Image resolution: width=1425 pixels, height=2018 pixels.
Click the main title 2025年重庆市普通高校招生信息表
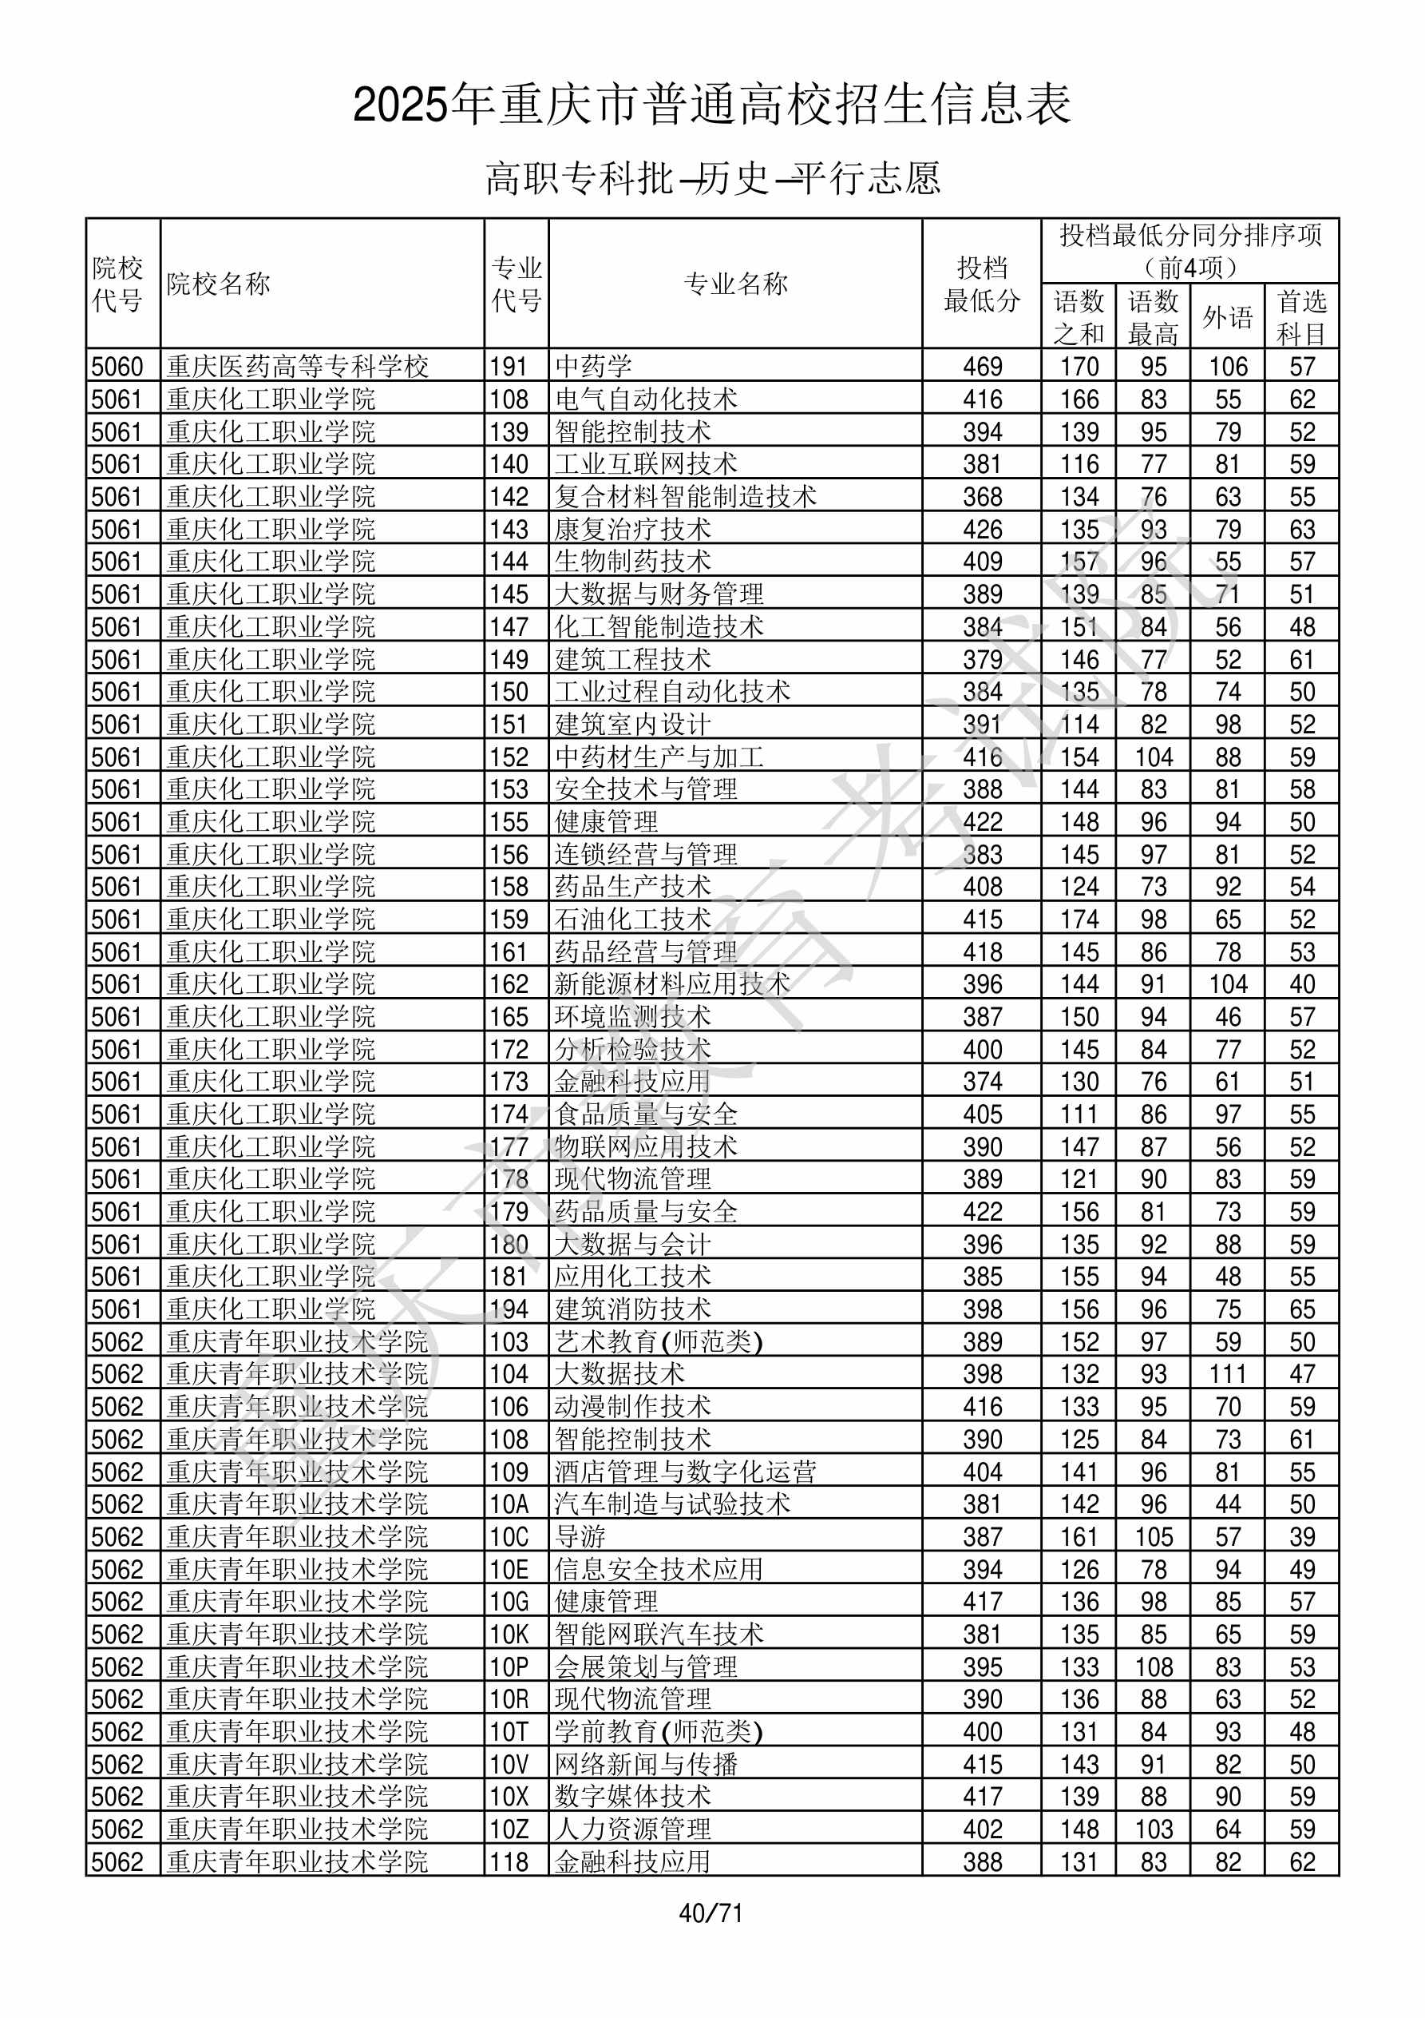(x=712, y=105)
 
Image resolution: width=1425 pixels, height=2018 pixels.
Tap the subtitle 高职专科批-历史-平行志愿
(x=712, y=178)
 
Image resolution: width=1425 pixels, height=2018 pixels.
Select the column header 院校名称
(x=219, y=284)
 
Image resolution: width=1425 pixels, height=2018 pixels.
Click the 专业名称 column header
(x=735, y=284)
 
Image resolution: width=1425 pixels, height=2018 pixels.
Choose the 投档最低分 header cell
(x=981, y=284)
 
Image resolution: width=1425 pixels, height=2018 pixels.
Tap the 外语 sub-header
(x=1227, y=317)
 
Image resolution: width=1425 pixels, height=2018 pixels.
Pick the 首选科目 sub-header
(x=1301, y=317)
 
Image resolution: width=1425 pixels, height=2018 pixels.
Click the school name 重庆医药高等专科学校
(x=298, y=367)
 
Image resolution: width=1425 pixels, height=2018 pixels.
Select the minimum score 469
(x=981, y=367)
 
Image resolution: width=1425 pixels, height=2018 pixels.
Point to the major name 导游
(x=580, y=1537)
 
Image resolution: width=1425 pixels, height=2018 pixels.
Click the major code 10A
(x=509, y=1504)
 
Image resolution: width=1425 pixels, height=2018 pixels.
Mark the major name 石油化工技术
(x=632, y=920)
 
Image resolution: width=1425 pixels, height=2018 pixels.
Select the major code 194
(x=509, y=1309)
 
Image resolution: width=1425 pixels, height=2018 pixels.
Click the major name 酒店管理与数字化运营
(x=685, y=1472)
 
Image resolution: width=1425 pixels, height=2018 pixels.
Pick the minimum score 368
(x=981, y=497)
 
